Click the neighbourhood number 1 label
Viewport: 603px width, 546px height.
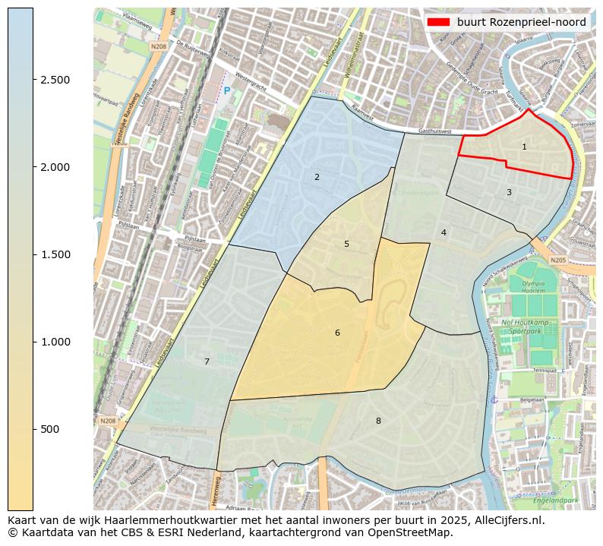[x=524, y=147]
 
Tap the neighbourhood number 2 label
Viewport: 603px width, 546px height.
[x=317, y=177]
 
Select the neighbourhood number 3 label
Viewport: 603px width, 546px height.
[x=509, y=192]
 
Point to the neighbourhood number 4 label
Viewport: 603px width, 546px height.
[x=444, y=232]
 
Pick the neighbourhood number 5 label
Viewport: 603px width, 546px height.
[x=346, y=244]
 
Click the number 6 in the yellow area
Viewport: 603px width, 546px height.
[x=337, y=333]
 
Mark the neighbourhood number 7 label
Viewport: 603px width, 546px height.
[x=207, y=361]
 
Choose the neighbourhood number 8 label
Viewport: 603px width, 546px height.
[x=378, y=421]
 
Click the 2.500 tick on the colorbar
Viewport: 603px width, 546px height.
[x=55, y=80]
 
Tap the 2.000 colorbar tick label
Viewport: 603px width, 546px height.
[x=55, y=167]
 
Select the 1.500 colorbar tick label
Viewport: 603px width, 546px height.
[x=55, y=254]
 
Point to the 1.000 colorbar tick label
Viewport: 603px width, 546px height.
[x=55, y=342]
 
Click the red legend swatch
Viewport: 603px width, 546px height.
[x=439, y=22]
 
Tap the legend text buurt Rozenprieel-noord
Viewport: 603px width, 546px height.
[x=521, y=22]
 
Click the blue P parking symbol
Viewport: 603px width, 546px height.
[x=226, y=91]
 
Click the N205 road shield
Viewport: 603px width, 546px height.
[x=559, y=260]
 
